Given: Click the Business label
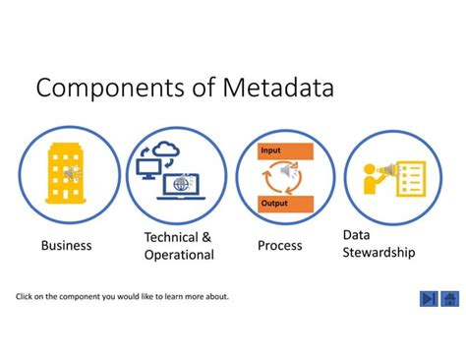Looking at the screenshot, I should tap(66, 245).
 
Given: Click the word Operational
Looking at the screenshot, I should tap(179, 255).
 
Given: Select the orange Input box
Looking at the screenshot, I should tap(284, 150).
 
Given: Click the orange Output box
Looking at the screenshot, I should tap(284, 203).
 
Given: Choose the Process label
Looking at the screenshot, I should tap(279, 245).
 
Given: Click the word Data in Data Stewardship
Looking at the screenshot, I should tap(356, 234).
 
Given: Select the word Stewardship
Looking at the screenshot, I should tap(379, 252).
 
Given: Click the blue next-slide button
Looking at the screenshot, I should tap(429, 298).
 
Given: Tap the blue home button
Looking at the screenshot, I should tap(450, 298).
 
